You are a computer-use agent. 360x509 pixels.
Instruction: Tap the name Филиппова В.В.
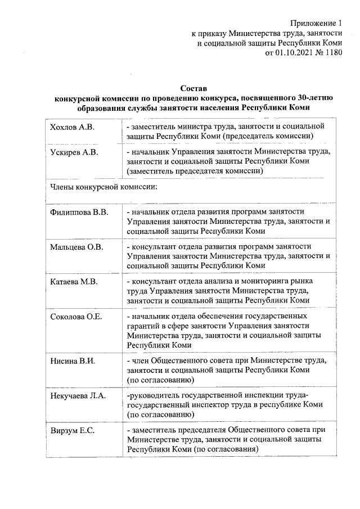[x=79, y=212]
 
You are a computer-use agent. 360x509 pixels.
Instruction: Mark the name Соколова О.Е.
[x=76, y=317]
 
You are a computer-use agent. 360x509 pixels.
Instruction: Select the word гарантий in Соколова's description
[x=143, y=326]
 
